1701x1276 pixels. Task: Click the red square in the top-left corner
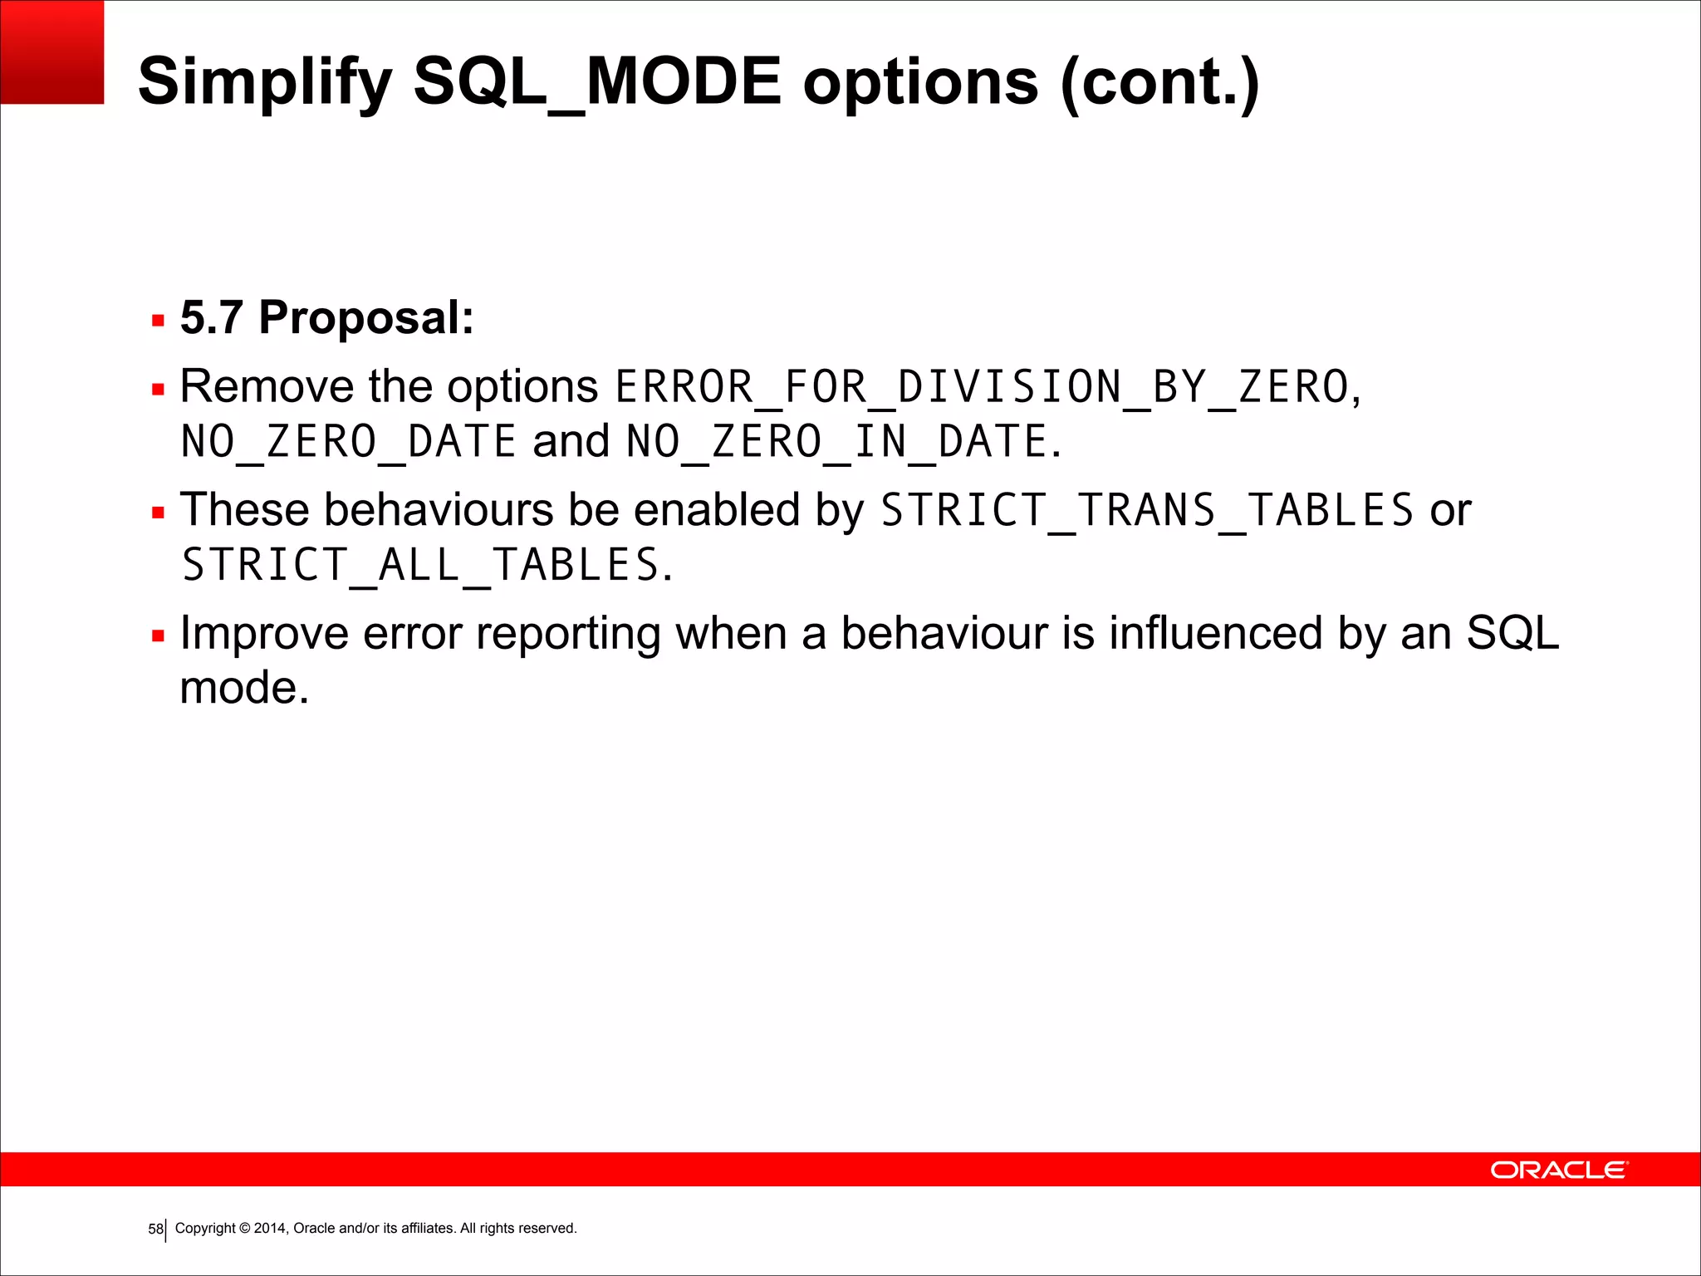[x=51, y=52]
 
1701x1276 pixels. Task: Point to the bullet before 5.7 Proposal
[x=158, y=320]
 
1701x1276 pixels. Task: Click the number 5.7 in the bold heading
[x=212, y=317]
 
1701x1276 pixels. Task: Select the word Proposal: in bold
[x=366, y=317]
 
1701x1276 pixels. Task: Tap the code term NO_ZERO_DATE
[x=349, y=442]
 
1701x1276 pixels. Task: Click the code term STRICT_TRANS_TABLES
[x=1147, y=510]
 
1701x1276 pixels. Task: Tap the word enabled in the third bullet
[x=717, y=509]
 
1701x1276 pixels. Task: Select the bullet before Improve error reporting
[x=158, y=636]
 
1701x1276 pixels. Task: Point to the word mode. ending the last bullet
[x=244, y=688]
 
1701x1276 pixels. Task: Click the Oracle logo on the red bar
[x=1559, y=1170]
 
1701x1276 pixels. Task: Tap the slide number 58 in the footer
[x=155, y=1229]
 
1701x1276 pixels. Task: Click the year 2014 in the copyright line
[x=270, y=1228]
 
